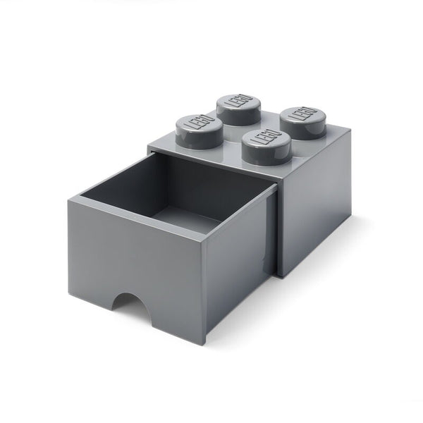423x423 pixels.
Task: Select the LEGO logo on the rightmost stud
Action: click(x=302, y=114)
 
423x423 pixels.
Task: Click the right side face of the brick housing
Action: click(x=317, y=211)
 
